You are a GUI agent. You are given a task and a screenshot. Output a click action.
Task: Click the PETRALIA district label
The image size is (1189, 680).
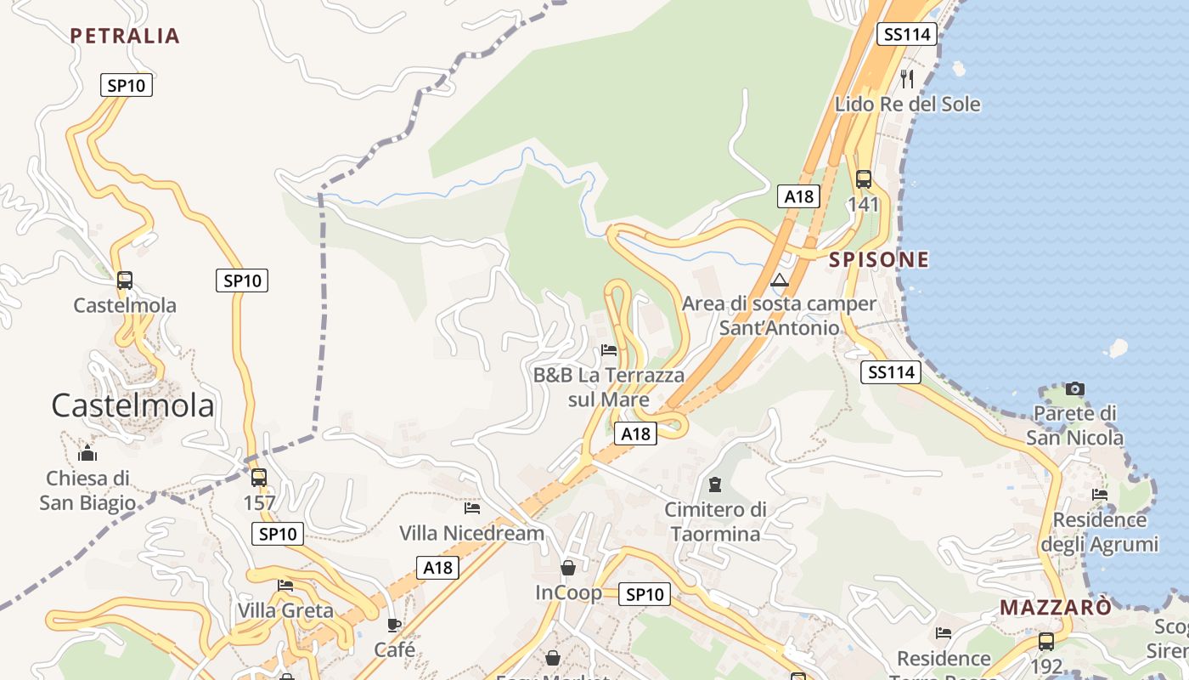(125, 36)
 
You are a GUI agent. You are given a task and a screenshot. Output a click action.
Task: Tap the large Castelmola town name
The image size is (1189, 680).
(132, 405)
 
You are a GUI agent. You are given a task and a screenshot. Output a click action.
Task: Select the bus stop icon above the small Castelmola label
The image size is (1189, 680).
(125, 280)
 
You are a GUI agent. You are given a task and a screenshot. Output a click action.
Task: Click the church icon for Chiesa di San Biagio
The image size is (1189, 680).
(87, 452)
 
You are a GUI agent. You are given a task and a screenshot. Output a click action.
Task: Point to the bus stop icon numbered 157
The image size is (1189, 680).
(259, 477)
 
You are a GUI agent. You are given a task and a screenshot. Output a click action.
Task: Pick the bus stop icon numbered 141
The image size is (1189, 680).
(864, 178)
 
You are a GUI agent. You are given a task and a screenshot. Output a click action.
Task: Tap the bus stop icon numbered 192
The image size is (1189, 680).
(1046, 641)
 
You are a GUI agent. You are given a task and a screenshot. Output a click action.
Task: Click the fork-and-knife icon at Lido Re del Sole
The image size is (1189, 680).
(907, 79)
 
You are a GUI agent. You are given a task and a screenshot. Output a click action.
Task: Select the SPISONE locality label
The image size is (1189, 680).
(879, 260)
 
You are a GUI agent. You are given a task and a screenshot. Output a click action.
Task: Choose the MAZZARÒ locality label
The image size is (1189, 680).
(1056, 608)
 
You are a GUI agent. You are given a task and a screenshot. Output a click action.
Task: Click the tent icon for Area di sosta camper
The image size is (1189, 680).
(779, 280)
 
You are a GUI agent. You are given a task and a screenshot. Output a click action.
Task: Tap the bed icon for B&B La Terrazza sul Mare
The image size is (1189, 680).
(609, 349)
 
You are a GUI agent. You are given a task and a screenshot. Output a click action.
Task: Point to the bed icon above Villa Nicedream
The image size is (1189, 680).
(472, 508)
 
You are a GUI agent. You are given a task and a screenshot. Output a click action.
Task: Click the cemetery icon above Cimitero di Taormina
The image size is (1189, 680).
(715, 484)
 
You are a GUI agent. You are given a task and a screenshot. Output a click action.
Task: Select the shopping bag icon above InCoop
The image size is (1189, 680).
(568, 567)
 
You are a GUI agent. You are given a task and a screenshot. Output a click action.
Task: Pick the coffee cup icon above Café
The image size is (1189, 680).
(394, 625)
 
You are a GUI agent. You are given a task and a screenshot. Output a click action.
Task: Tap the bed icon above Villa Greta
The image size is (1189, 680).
(285, 585)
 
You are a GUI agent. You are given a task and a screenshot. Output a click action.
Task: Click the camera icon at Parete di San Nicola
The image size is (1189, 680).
(1075, 388)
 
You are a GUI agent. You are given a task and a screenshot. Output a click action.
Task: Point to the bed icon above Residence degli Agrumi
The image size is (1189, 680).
(1100, 494)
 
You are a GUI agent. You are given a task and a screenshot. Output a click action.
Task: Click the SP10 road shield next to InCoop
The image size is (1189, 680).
(644, 594)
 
